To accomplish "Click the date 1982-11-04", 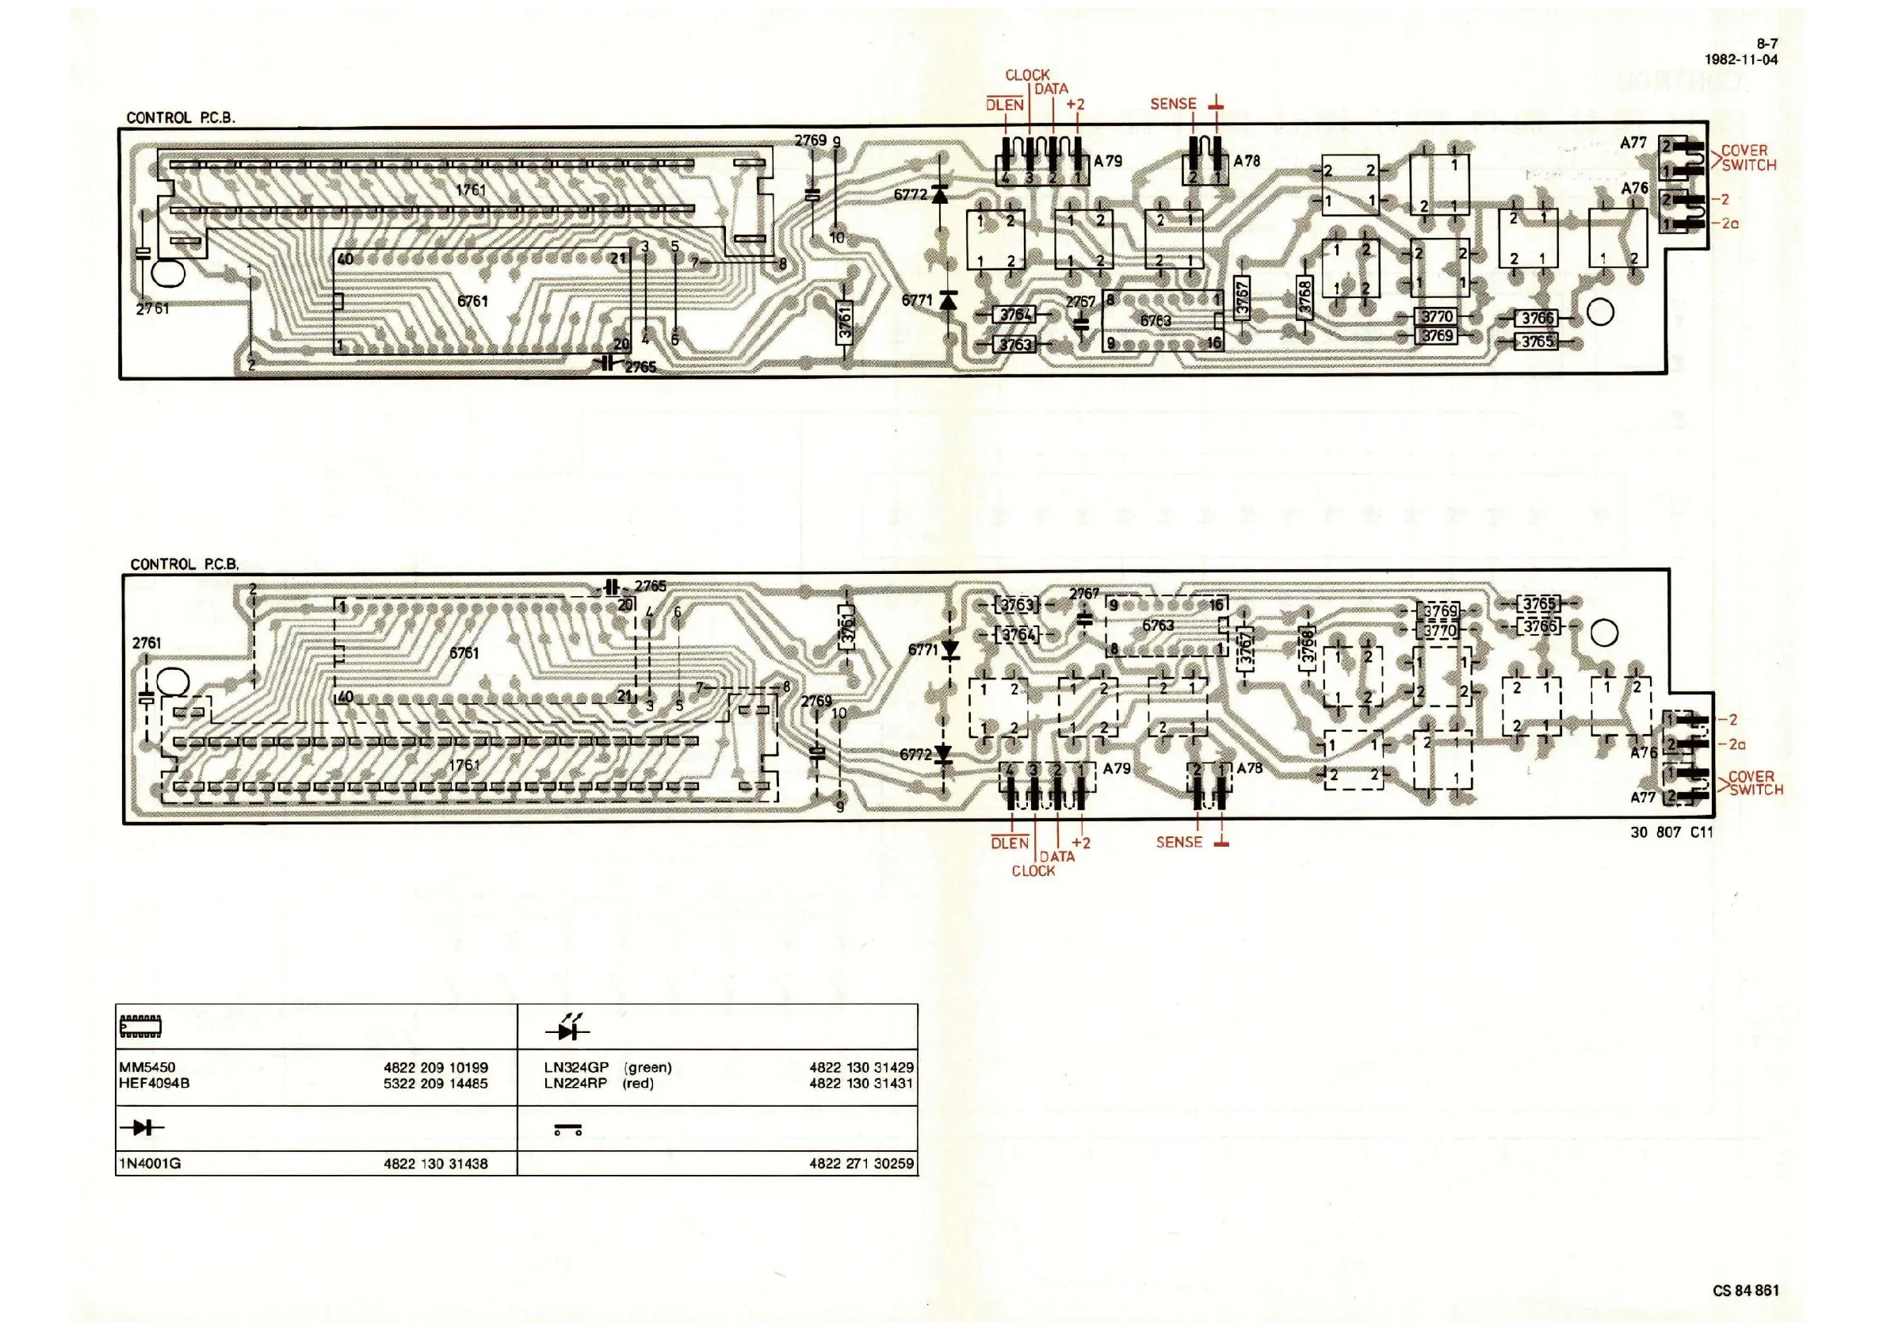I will click(x=1740, y=59).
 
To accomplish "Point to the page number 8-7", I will click(x=1767, y=44).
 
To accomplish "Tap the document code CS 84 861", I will click(x=1746, y=1291).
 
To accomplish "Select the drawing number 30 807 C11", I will click(x=1671, y=832).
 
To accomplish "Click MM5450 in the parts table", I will click(x=147, y=1068).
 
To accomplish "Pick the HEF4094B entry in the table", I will click(x=155, y=1084).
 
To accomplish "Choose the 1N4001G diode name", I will click(x=150, y=1163).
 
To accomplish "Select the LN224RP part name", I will click(x=575, y=1084).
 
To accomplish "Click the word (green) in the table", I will click(x=647, y=1068).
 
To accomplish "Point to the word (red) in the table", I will click(x=639, y=1084).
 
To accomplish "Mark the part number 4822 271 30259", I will click(x=861, y=1163).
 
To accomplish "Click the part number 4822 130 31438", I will click(x=436, y=1163).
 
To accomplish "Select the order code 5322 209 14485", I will click(x=436, y=1084).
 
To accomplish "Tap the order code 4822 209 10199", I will click(x=436, y=1068).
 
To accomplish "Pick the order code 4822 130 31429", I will click(x=861, y=1068).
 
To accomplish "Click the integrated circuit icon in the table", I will click(x=140, y=1026).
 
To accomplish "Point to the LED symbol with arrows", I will click(x=567, y=1028).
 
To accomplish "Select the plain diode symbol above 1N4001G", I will click(x=141, y=1128).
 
